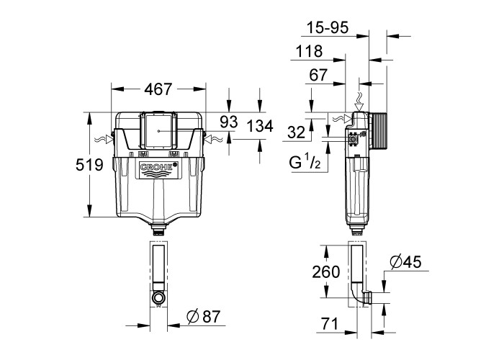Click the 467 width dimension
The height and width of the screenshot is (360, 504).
point(158,89)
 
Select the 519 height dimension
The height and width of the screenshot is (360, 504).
point(89,165)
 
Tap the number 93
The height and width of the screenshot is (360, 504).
point(229,122)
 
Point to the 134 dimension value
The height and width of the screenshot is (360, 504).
point(260,126)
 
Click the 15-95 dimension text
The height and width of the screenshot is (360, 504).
point(328,27)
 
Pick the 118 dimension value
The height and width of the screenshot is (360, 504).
point(309,51)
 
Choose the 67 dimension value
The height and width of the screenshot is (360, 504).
point(318,75)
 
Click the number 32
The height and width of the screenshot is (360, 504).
point(296,132)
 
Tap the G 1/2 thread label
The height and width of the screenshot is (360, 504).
point(305,162)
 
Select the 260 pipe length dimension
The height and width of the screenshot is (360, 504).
point(326,272)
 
